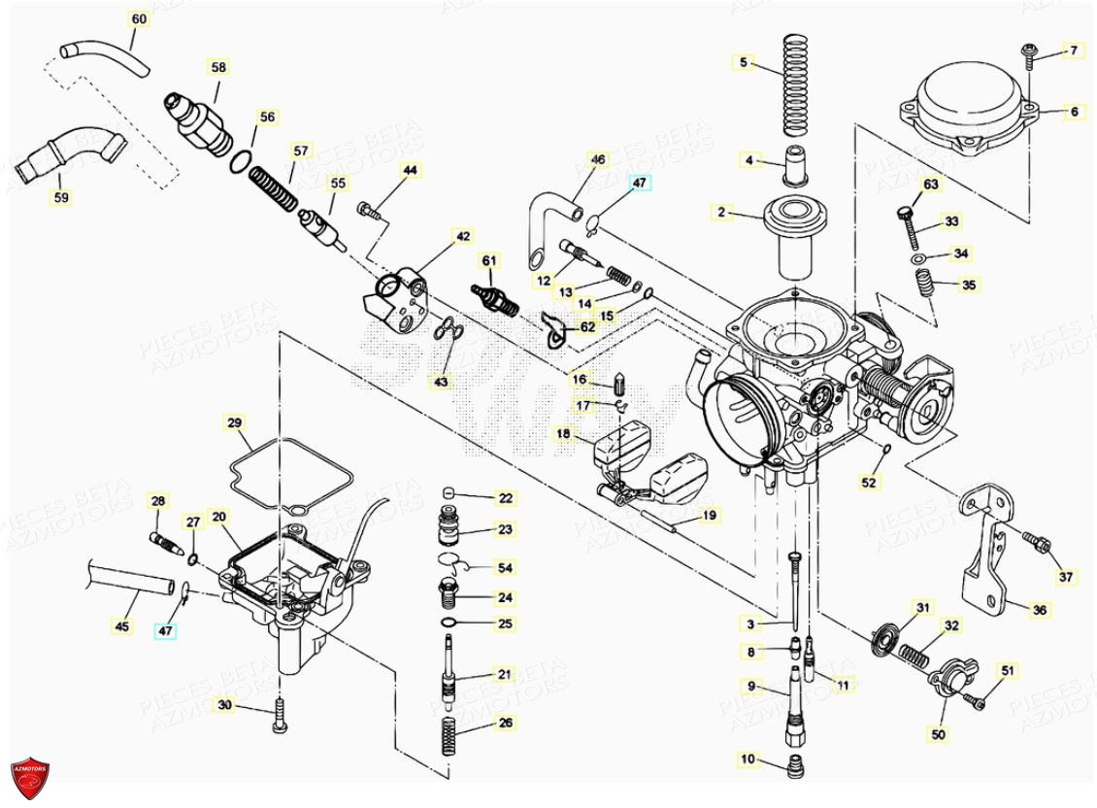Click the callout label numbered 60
(139, 19)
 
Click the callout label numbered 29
(234, 422)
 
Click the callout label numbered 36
(1040, 610)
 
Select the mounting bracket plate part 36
(983, 554)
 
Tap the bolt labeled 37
(1038, 543)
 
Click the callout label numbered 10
(747, 758)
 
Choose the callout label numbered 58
(218, 67)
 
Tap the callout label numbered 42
(463, 236)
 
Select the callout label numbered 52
(869, 481)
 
